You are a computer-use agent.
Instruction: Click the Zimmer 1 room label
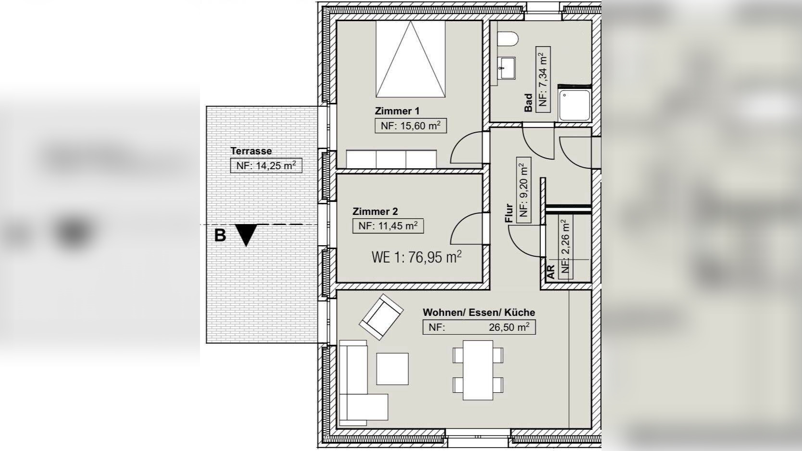pos(397,111)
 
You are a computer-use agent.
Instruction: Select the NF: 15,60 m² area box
pos(411,125)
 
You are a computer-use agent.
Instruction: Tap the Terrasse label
pos(251,150)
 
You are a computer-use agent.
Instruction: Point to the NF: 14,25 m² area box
pos(266,166)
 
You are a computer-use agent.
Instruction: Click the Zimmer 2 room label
pos(375,211)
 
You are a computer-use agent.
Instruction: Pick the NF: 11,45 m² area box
pos(388,226)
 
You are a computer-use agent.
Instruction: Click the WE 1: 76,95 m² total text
pos(417,257)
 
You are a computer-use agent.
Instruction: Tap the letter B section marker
pos(220,236)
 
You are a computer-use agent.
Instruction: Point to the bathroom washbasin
pos(507,68)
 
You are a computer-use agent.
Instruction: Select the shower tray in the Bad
pos(575,105)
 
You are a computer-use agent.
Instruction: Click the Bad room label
pos(528,103)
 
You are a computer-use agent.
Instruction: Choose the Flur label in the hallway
pos(509,213)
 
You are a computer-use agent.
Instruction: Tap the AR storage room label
pos(551,272)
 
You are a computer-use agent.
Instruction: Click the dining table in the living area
pos(478,370)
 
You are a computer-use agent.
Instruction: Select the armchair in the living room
pos(381,317)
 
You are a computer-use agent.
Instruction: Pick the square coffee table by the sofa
pos(392,369)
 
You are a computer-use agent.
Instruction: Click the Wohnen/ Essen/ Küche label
pos(479,312)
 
